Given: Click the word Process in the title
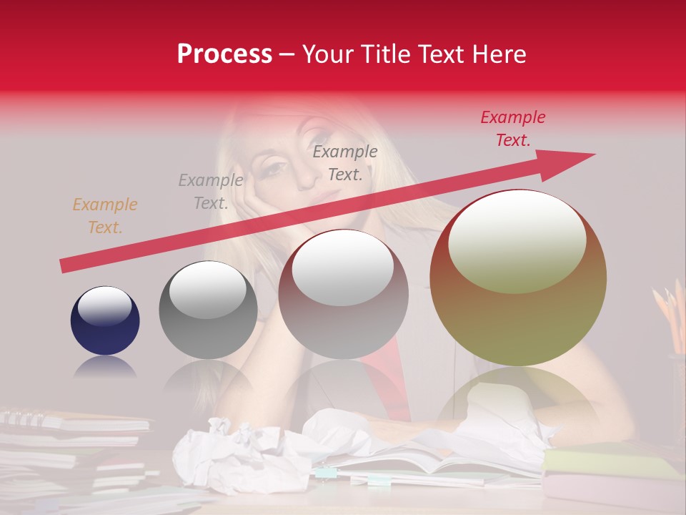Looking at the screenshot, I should tap(224, 54).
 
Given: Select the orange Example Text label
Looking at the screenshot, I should tap(104, 216).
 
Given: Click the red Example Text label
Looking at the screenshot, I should tap(513, 129).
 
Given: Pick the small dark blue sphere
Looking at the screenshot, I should tap(105, 320).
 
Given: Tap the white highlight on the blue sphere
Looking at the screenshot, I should tap(104, 306).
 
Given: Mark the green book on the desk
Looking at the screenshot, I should tap(607, 461).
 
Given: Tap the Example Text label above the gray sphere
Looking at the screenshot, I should tap(210, 192).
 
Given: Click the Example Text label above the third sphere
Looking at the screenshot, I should tap(345, 162).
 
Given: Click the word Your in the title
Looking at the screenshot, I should tap(328, 54).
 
